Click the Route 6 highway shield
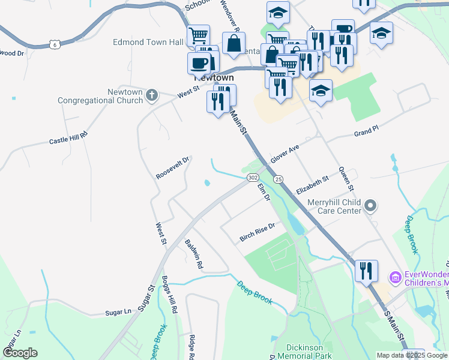coord(56,44)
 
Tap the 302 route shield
coord(253,178)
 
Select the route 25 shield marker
coord(278,179)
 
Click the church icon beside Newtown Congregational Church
coord(152,95)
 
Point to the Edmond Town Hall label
coord(148,43)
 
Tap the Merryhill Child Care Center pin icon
coord(370,206)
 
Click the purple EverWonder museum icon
coord(395,277)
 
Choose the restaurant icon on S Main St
coord(366,271)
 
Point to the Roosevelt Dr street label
coord(173,168)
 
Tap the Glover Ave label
coord(285,153)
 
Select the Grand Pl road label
coord(367,132)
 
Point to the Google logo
coord(20,352)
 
